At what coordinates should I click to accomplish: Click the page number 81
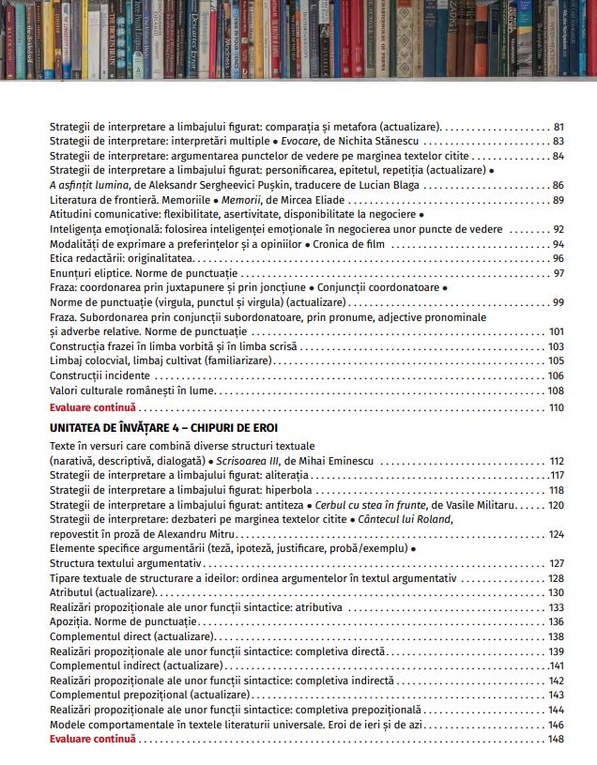(559, 126)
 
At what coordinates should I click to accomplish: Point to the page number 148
(556, 739)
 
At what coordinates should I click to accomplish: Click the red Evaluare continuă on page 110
(93, 407)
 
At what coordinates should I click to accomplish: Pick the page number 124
(556, 534)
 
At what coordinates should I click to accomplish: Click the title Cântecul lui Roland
(405, 519)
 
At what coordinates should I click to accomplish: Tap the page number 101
(556, 331)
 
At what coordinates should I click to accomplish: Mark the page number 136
(556, 621)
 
